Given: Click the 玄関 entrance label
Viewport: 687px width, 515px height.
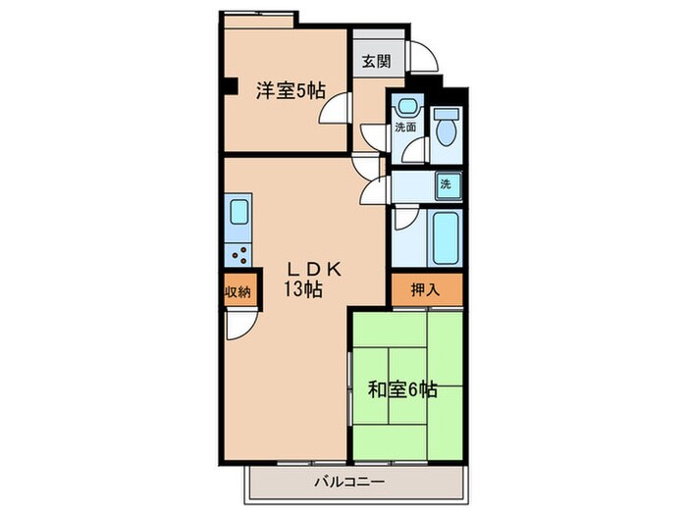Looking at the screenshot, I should click(375, 62).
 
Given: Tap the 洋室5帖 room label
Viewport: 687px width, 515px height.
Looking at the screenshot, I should click(291, 92).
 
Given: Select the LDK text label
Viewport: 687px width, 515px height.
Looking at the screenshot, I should click(314, 266).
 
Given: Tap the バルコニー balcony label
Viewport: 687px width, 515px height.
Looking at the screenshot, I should click(350, 482).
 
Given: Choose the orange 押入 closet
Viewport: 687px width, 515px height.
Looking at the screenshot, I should click(425, 289).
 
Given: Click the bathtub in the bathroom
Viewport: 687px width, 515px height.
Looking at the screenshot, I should click(446, 238).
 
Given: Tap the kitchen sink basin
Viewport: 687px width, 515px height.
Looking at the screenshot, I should click(239, 213).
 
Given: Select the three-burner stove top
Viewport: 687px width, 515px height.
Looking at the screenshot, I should click(239, 254).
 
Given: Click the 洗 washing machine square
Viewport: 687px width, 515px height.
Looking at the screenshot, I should click(445, 183).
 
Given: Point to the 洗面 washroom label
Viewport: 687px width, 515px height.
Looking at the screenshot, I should click(405, 128).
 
